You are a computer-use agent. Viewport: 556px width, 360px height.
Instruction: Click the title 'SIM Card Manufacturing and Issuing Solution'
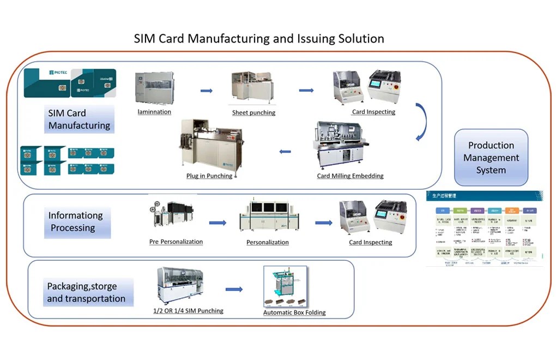coord(259,39)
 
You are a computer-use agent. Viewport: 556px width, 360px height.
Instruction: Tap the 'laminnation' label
coord(154,112)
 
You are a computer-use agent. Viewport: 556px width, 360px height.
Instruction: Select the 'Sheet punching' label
coord(253,112)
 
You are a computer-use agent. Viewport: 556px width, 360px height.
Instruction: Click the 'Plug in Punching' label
coord(209,176)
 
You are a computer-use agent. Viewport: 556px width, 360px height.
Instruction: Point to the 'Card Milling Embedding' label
coord(350,176)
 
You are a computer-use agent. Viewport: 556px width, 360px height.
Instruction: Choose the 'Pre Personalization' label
coord(176,242)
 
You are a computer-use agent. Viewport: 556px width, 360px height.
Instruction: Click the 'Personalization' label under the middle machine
coord(268,242)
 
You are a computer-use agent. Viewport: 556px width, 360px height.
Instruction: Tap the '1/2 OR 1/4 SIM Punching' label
coord(188,310)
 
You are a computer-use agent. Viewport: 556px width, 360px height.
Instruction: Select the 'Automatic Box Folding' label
coord(294,313)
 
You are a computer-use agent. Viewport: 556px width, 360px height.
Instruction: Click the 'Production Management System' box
coord(491,158)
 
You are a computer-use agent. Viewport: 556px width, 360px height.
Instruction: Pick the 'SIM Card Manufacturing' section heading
coord(80,119)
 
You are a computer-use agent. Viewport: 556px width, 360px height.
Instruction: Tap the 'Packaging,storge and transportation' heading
coord(86,292)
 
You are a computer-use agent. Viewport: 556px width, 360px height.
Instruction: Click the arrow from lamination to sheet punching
coord(206,91)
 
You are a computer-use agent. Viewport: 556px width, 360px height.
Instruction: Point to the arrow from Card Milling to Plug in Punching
coord(285,151)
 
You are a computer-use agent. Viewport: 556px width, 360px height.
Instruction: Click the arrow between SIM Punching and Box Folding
coord(234,289)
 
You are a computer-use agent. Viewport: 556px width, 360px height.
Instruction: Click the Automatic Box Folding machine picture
coord(285,287)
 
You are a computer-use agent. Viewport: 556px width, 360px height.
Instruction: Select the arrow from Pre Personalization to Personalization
coord(217,223)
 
